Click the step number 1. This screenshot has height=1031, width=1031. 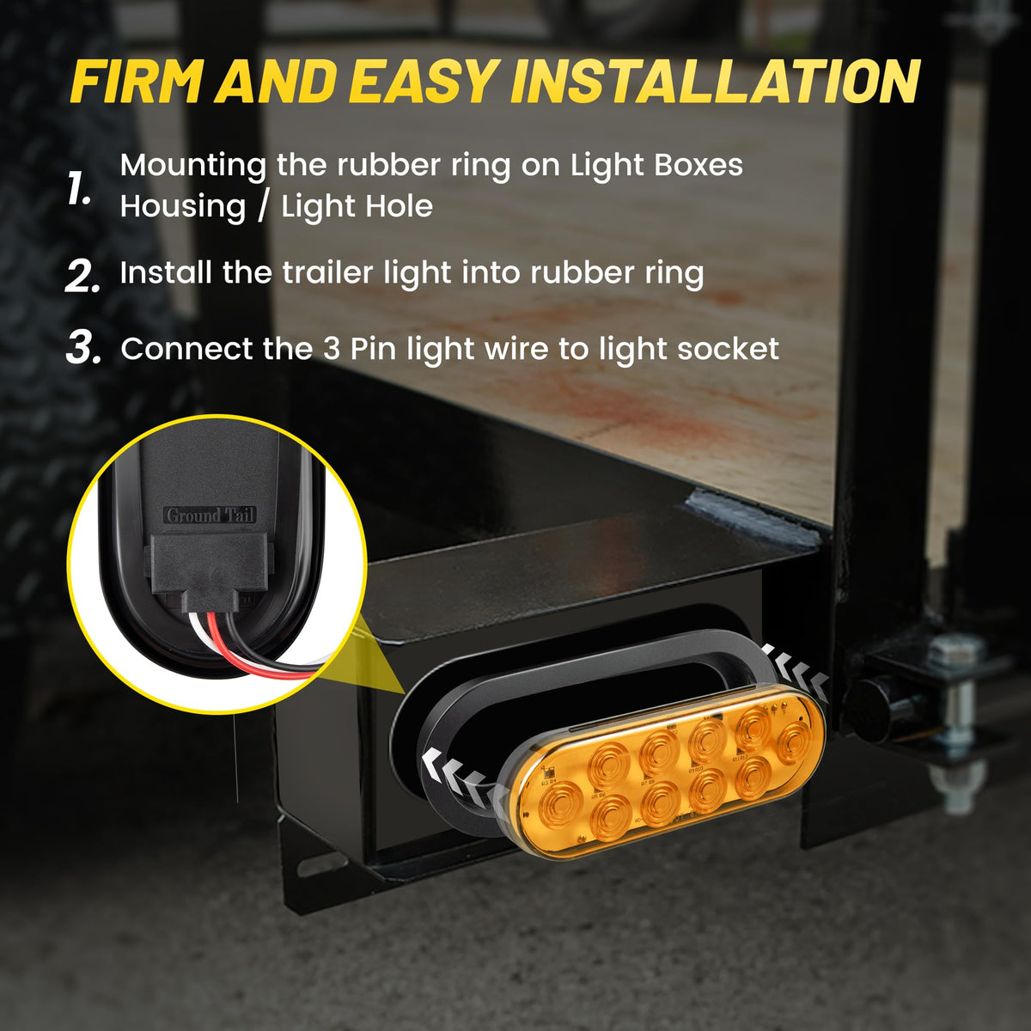pos(79,189)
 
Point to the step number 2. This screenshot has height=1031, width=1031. pos(82,276)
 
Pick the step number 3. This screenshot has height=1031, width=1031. pos(83,348)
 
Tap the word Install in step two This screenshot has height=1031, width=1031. pos(165,273)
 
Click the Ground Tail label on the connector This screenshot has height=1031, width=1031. pos(210,515)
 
